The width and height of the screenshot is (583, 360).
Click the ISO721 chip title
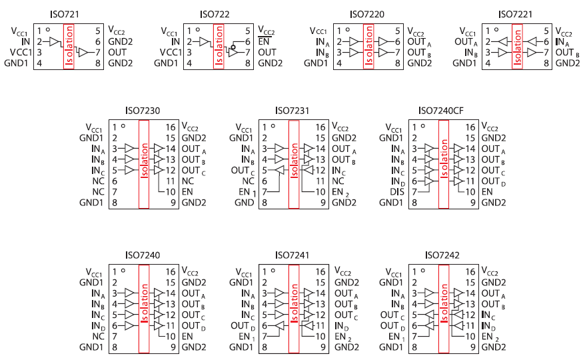click(x=67, y=15)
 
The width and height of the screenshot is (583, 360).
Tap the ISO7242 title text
click(x=440, y=255)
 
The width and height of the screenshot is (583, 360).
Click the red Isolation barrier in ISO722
click(x=218, y=47)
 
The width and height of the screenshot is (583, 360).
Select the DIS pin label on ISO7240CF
click(x=398, y=191)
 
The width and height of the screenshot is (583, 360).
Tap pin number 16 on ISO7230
click(x=171, y=127)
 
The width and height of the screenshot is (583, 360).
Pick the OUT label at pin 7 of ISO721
click(x=118, y=52)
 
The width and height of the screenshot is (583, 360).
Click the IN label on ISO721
click(x=26, y=41)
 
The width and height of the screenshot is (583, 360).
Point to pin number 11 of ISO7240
click(x=171, y=325)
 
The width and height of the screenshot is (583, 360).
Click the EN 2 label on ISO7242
click(x=490, y=337)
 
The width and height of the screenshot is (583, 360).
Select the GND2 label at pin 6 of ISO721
click(x=121, y=41)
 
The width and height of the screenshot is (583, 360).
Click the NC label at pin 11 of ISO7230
click(x=189, y=181)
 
